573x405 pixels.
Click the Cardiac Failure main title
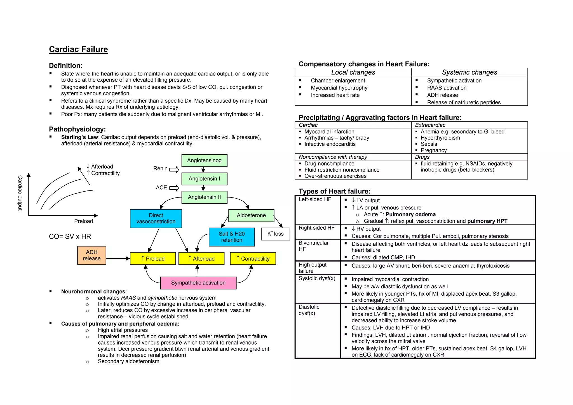[x=78, y=49]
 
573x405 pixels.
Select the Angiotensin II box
[x=204, y=197]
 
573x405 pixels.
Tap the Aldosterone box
[x=251, y=215]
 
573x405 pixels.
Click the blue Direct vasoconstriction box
[x=156, y=218]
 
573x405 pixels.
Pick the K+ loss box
[x=275, y=234]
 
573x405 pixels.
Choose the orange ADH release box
[x=91, y=255]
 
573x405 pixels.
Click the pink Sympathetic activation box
[x=198, y=283]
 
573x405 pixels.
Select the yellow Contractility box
[x=253, y=259]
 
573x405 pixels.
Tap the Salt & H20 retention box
[x=232, y=237]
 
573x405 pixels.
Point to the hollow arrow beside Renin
[x=174, y=169]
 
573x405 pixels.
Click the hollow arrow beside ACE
[x=174, y=188]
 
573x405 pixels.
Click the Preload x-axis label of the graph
[x=83, y=221]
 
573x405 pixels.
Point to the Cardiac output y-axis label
[x=20, y=193]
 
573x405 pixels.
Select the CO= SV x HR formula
[x=70, y=237]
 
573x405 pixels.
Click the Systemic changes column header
[x=469, y=72]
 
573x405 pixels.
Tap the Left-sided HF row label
[x=315, y=199]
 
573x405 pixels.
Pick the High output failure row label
[x=312, y=268]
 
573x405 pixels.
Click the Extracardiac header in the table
[x=430, y=125]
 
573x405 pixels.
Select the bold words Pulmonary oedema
[x=410, y=215]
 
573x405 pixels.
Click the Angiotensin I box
[x=204, y=179]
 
